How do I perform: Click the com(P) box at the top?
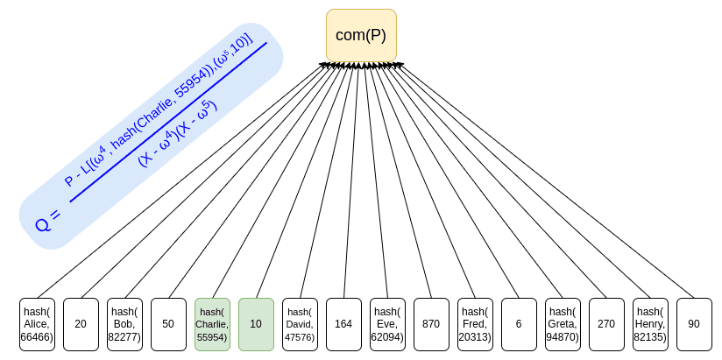[x=361, y=36]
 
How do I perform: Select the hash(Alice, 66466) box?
[x=37, y=324]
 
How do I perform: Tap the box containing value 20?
[x=81, y=324]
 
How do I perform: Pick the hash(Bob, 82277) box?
[x=124, y=324]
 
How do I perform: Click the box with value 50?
[x=168, y=324]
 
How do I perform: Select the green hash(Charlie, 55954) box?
[x=212, y=324]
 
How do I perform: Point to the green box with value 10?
[x=256, y=324]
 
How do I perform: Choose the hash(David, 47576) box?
[x=300, y=324]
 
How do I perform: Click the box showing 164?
[x=343, y=324]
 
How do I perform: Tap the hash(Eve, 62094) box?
[x=387, y=324]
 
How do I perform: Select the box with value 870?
[x=431, y=324]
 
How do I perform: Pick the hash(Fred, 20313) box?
[x=475, y=324]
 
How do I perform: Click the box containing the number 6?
[x=519, y=324]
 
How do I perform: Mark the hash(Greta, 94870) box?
[x=563, y=324]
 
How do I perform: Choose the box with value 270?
[x=606, y=324]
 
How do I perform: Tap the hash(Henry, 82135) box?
[x=650, y=324]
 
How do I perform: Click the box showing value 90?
[x=694, y=324]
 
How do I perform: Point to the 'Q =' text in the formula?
[x=48, y=220]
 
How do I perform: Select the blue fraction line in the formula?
[x=166, y=122]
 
